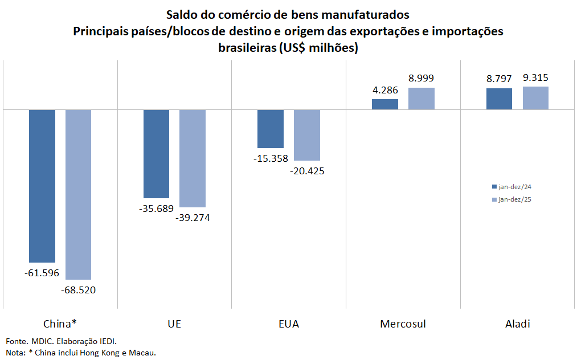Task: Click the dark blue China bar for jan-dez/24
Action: [42, 185]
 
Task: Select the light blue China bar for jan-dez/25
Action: [78, 194]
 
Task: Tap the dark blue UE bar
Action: [156, 153]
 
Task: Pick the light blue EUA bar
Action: [306, 134]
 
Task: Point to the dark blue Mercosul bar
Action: [384, 104]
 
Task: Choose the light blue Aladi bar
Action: [535, 97]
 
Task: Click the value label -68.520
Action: [78, 290]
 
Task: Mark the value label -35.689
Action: [156, 208]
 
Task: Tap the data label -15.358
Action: [271, 158]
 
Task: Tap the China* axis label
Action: [60, 324]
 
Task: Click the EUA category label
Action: [288, 324]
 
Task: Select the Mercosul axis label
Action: [403, 324]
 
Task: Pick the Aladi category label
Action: [517, 324]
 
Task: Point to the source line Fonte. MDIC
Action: [34, 341]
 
